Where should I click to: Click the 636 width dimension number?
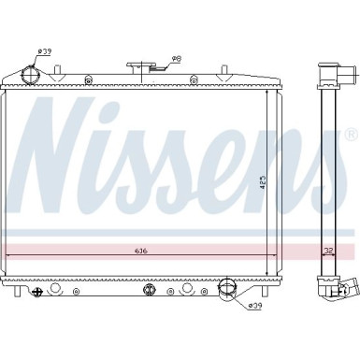point(139,252)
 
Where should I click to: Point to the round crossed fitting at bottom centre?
point(148,290)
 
